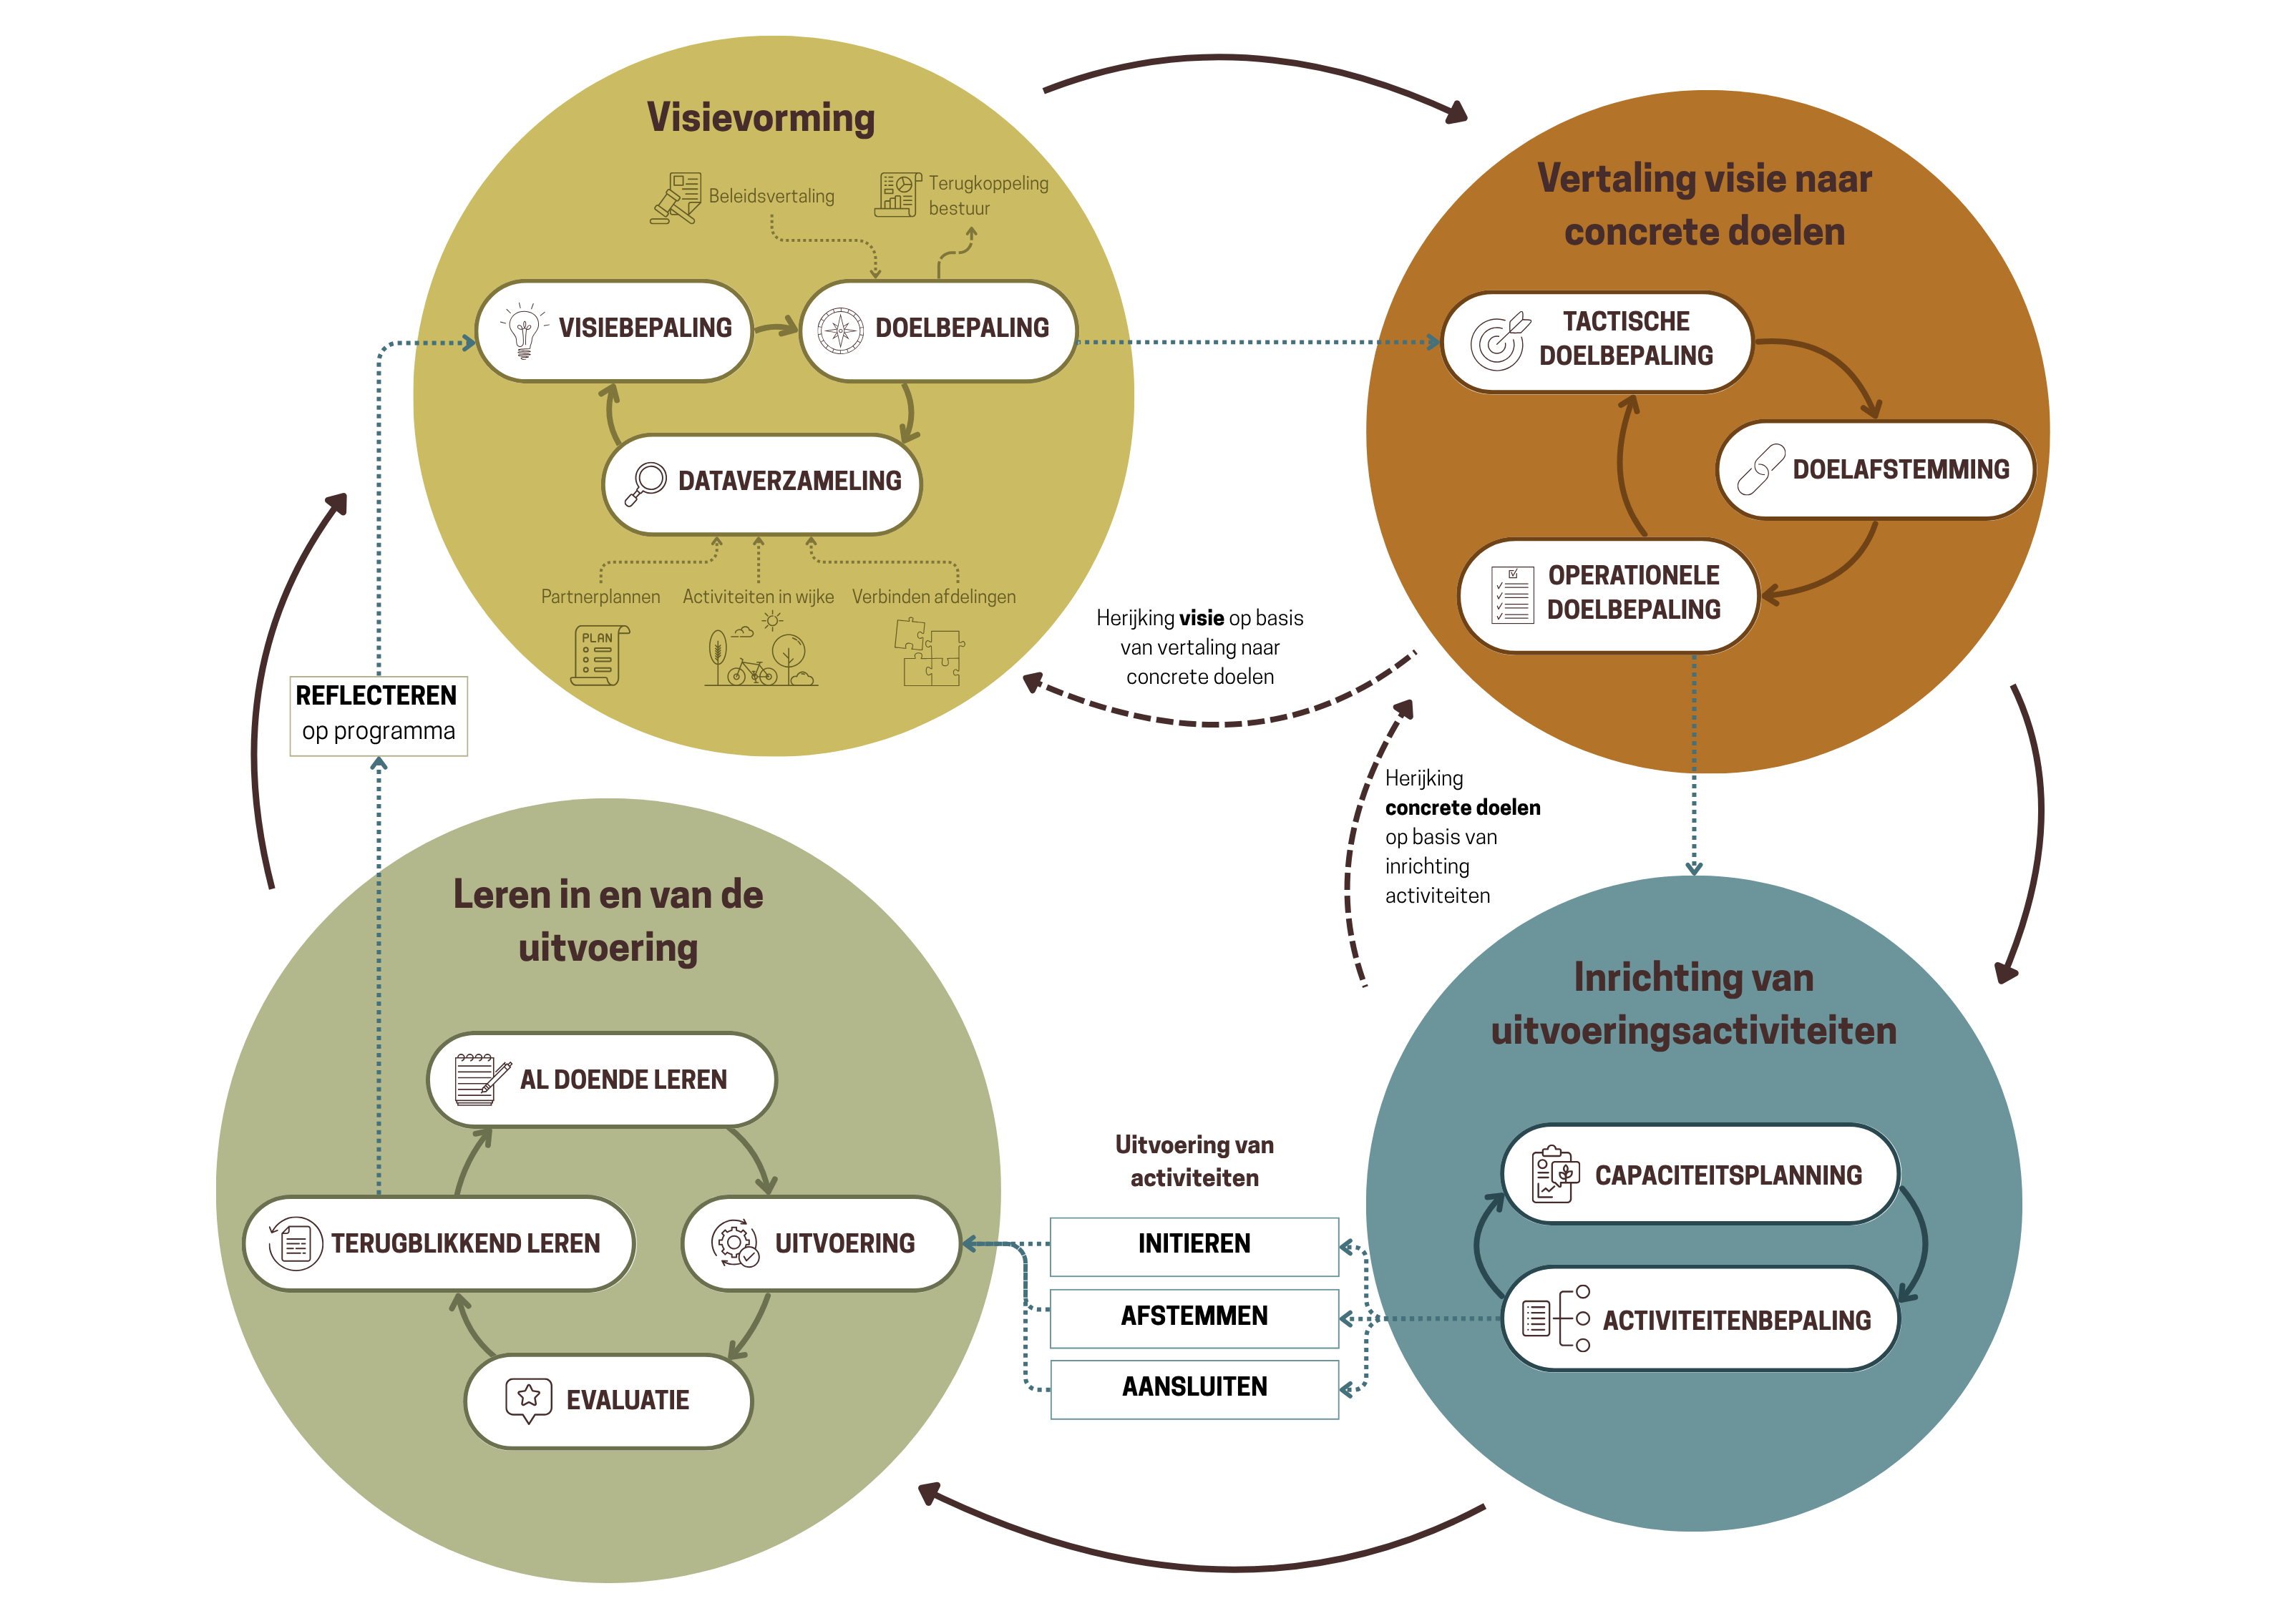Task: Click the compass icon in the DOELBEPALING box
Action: click(x=840, y=330)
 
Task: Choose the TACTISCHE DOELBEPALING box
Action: click(x=1597, y=341)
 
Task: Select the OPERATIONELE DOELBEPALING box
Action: click(x=1607, y=594)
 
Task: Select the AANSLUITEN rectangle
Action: click(x=1194, y=1388)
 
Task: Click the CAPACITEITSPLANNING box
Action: click(x=1700, y=1175)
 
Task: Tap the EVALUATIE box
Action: click(x=608, y=1401)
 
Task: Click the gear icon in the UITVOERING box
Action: click(x=734, y=1243)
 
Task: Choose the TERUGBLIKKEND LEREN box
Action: click(x=439, y=1243)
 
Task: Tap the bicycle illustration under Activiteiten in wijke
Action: click(x=752, y=672)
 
